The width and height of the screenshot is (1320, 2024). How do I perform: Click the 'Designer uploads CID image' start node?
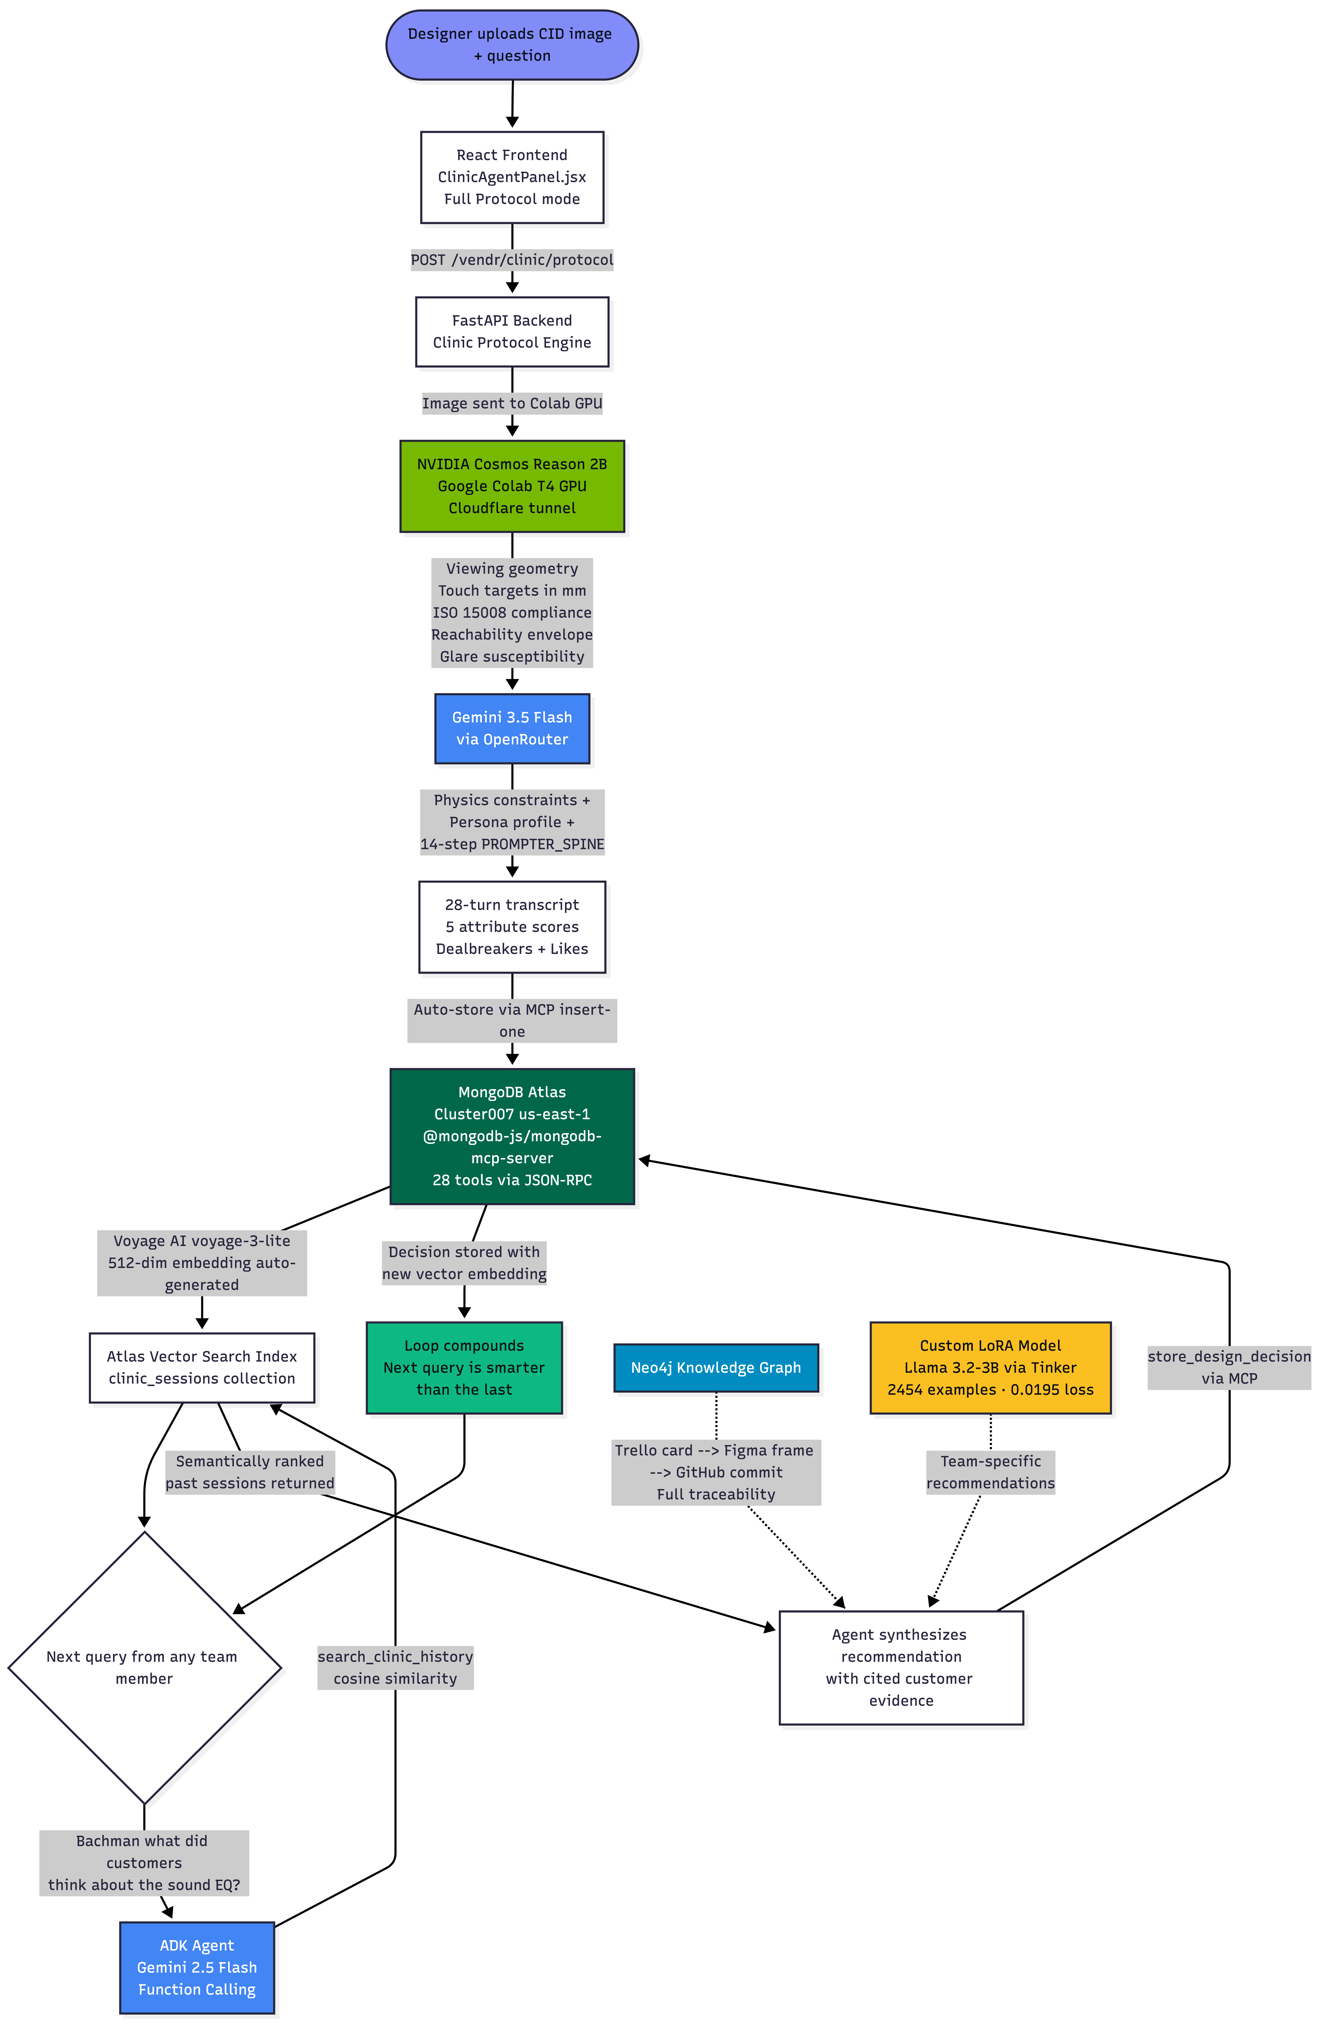[x=512, y=45]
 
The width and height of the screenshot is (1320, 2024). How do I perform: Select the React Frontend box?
[x=512, y=177]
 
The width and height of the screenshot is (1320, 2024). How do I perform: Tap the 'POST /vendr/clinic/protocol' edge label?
[x=512, y=259]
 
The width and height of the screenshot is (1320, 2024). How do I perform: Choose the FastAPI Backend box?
[x=512, y=332]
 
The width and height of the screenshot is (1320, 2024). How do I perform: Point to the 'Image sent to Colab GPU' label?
[x=512, y=403]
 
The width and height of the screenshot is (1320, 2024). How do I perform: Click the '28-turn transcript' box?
[x=512, y=927]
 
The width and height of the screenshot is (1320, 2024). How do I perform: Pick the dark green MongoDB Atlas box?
[x=512, y=1136]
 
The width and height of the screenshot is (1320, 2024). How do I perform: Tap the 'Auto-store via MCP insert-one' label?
[x=512, y=1020]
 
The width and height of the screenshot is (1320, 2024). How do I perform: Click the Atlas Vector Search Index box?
[x=202, y=1368]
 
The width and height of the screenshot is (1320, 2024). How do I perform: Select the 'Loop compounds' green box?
[x=464, y=1368]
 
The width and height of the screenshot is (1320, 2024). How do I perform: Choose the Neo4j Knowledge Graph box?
[x=716, y=1368]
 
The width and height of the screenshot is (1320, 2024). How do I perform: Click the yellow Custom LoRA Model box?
[x=991, y=1368]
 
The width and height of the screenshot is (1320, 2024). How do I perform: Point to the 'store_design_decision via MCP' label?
[x=1229, y=1368]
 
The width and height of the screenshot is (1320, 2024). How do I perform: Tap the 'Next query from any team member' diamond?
[x=145, y=1668]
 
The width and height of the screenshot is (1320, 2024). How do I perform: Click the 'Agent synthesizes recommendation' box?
[x=902, y=1668]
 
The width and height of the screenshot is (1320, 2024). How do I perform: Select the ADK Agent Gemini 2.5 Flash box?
[x=197, y=1967]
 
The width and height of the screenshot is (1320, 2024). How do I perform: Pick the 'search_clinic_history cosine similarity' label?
[x=395, y=1668]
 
